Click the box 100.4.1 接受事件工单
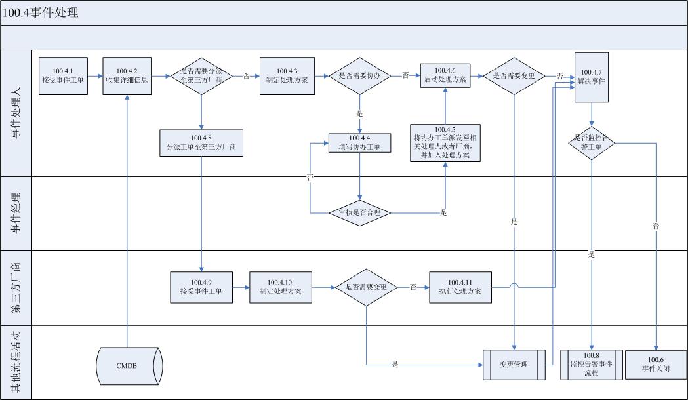tap(63, 76)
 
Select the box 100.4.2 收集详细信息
tap(127, 76)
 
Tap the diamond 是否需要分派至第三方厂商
tap(201, 76)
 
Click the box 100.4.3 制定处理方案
tap(287, 76)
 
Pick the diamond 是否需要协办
tap(359, 76)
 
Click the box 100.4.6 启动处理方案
tap(445, 76)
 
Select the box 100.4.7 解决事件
tap(592, 77)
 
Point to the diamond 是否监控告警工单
tap(592, 142)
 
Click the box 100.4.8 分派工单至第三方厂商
tap(201, 142)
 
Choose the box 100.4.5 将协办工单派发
tap(445, 142)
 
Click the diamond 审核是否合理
tap(359, 212)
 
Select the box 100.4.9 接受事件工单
tap(201, 287)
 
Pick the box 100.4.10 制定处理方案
tap(281, 287)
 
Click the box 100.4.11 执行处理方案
tap(460, 287)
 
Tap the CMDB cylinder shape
tap(127, 365)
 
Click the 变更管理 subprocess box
tap(514, 365)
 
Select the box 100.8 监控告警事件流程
tap(592, 365)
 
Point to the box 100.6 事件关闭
tap(656, 365)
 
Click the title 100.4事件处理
tap(41, 12)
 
